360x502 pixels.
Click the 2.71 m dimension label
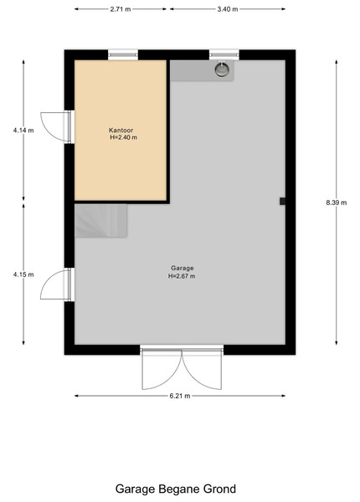[121, 9]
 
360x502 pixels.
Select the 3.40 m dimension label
[228, 9]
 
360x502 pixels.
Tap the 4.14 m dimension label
[23, 131]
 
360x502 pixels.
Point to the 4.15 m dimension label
[23, 274]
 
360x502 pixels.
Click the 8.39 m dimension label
[337, 202]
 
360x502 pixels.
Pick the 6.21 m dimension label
[180, 396]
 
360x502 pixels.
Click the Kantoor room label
[121, 130]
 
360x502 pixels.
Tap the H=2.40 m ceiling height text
[124, 137]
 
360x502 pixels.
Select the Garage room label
[182, 268]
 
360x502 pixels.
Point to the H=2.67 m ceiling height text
[182, 276]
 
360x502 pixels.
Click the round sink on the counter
[222, 69]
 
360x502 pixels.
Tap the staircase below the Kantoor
[101, 221]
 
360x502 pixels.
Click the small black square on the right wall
[282, 201]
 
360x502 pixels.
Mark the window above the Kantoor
[123, 54]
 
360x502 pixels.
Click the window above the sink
[224, 54]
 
